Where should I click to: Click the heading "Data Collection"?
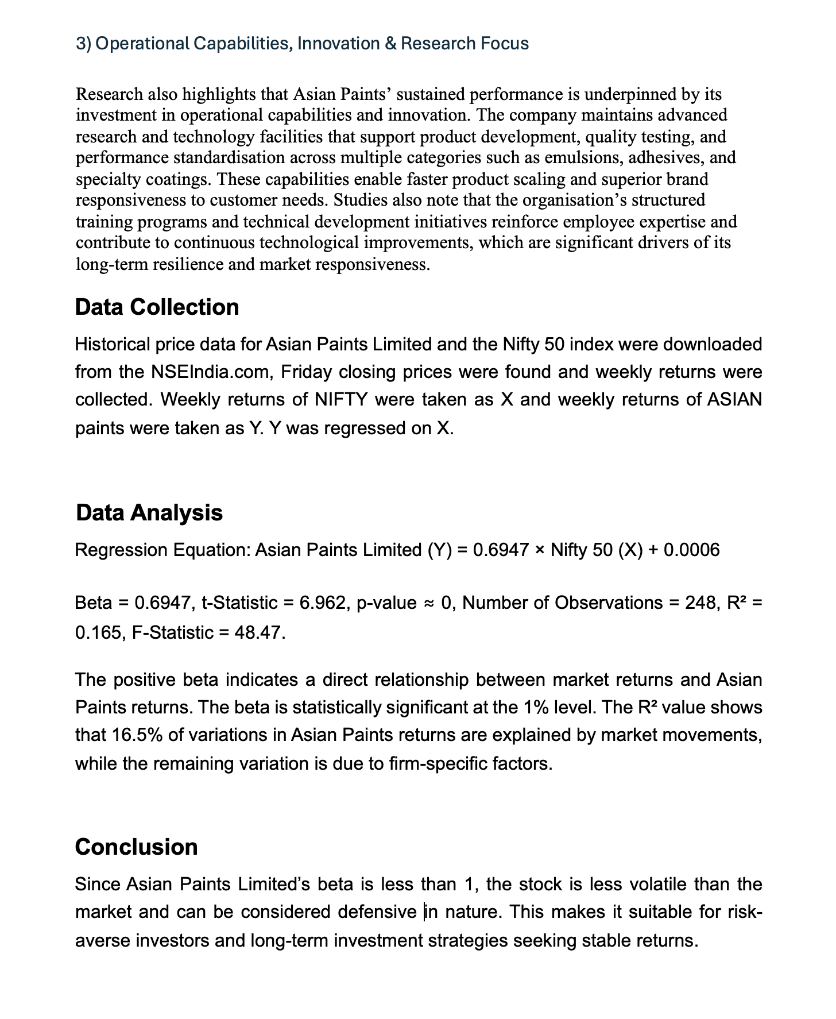157,307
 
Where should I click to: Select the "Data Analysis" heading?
149,512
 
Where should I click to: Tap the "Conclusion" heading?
136,847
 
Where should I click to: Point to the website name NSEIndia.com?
211,372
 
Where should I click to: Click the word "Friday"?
307,372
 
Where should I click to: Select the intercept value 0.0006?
691,550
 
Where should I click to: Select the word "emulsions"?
582,158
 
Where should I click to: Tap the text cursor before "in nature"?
425,912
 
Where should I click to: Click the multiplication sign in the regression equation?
539,550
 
